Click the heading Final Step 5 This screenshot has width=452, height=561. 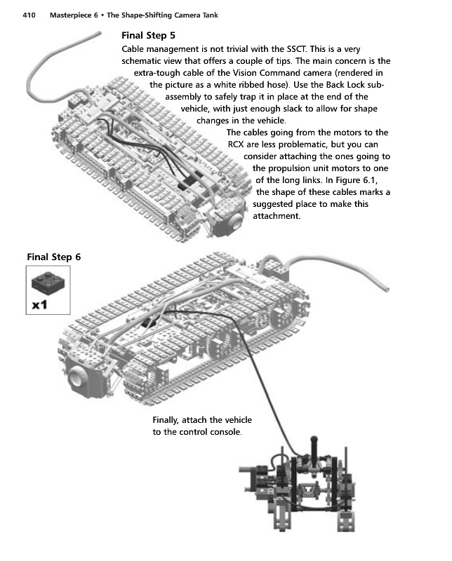click(x=148, y=35)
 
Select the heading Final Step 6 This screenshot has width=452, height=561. click(x=53, y=257)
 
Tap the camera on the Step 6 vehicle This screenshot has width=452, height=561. click(x=84, y=379)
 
